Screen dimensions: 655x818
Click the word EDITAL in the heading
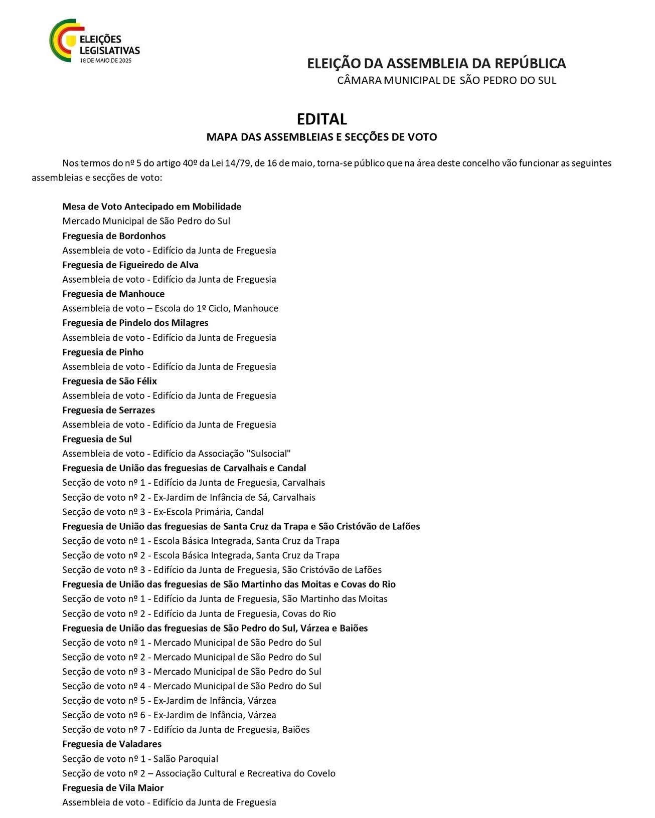321,119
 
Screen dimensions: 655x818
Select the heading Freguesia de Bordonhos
114,236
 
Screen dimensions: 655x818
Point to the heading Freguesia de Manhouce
113,294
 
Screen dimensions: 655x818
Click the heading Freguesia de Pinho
103,352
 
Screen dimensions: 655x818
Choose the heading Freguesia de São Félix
109,381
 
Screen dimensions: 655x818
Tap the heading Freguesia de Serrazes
108,410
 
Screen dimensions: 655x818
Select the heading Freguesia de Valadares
112,744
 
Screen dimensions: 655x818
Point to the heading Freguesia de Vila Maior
113,788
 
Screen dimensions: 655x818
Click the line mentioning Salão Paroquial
140,759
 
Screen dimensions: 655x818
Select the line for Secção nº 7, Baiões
186,730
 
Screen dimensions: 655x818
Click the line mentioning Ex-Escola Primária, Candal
162,512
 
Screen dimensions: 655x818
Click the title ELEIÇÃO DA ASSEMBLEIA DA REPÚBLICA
436,64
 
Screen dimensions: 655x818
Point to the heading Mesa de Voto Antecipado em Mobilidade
151,207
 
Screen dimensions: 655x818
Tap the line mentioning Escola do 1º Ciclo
170,308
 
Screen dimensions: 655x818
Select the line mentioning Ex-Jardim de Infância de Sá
189,497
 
